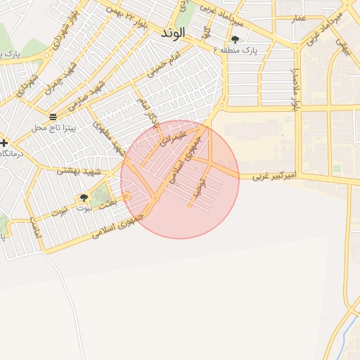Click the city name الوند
pyautogui.click(x=172, y=33)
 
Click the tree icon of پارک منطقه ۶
pyautogui.click(x=235, y=39)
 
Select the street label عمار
pyautogui.click(x=300, y=19)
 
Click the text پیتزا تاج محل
pyautogui.click(x=53, y=128)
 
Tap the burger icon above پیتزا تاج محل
pyautogui.click(x=53, y=115)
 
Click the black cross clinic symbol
pyautogui.click(x=4, y=143)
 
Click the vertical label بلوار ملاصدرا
pyautogui.click(x=296, y=89)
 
